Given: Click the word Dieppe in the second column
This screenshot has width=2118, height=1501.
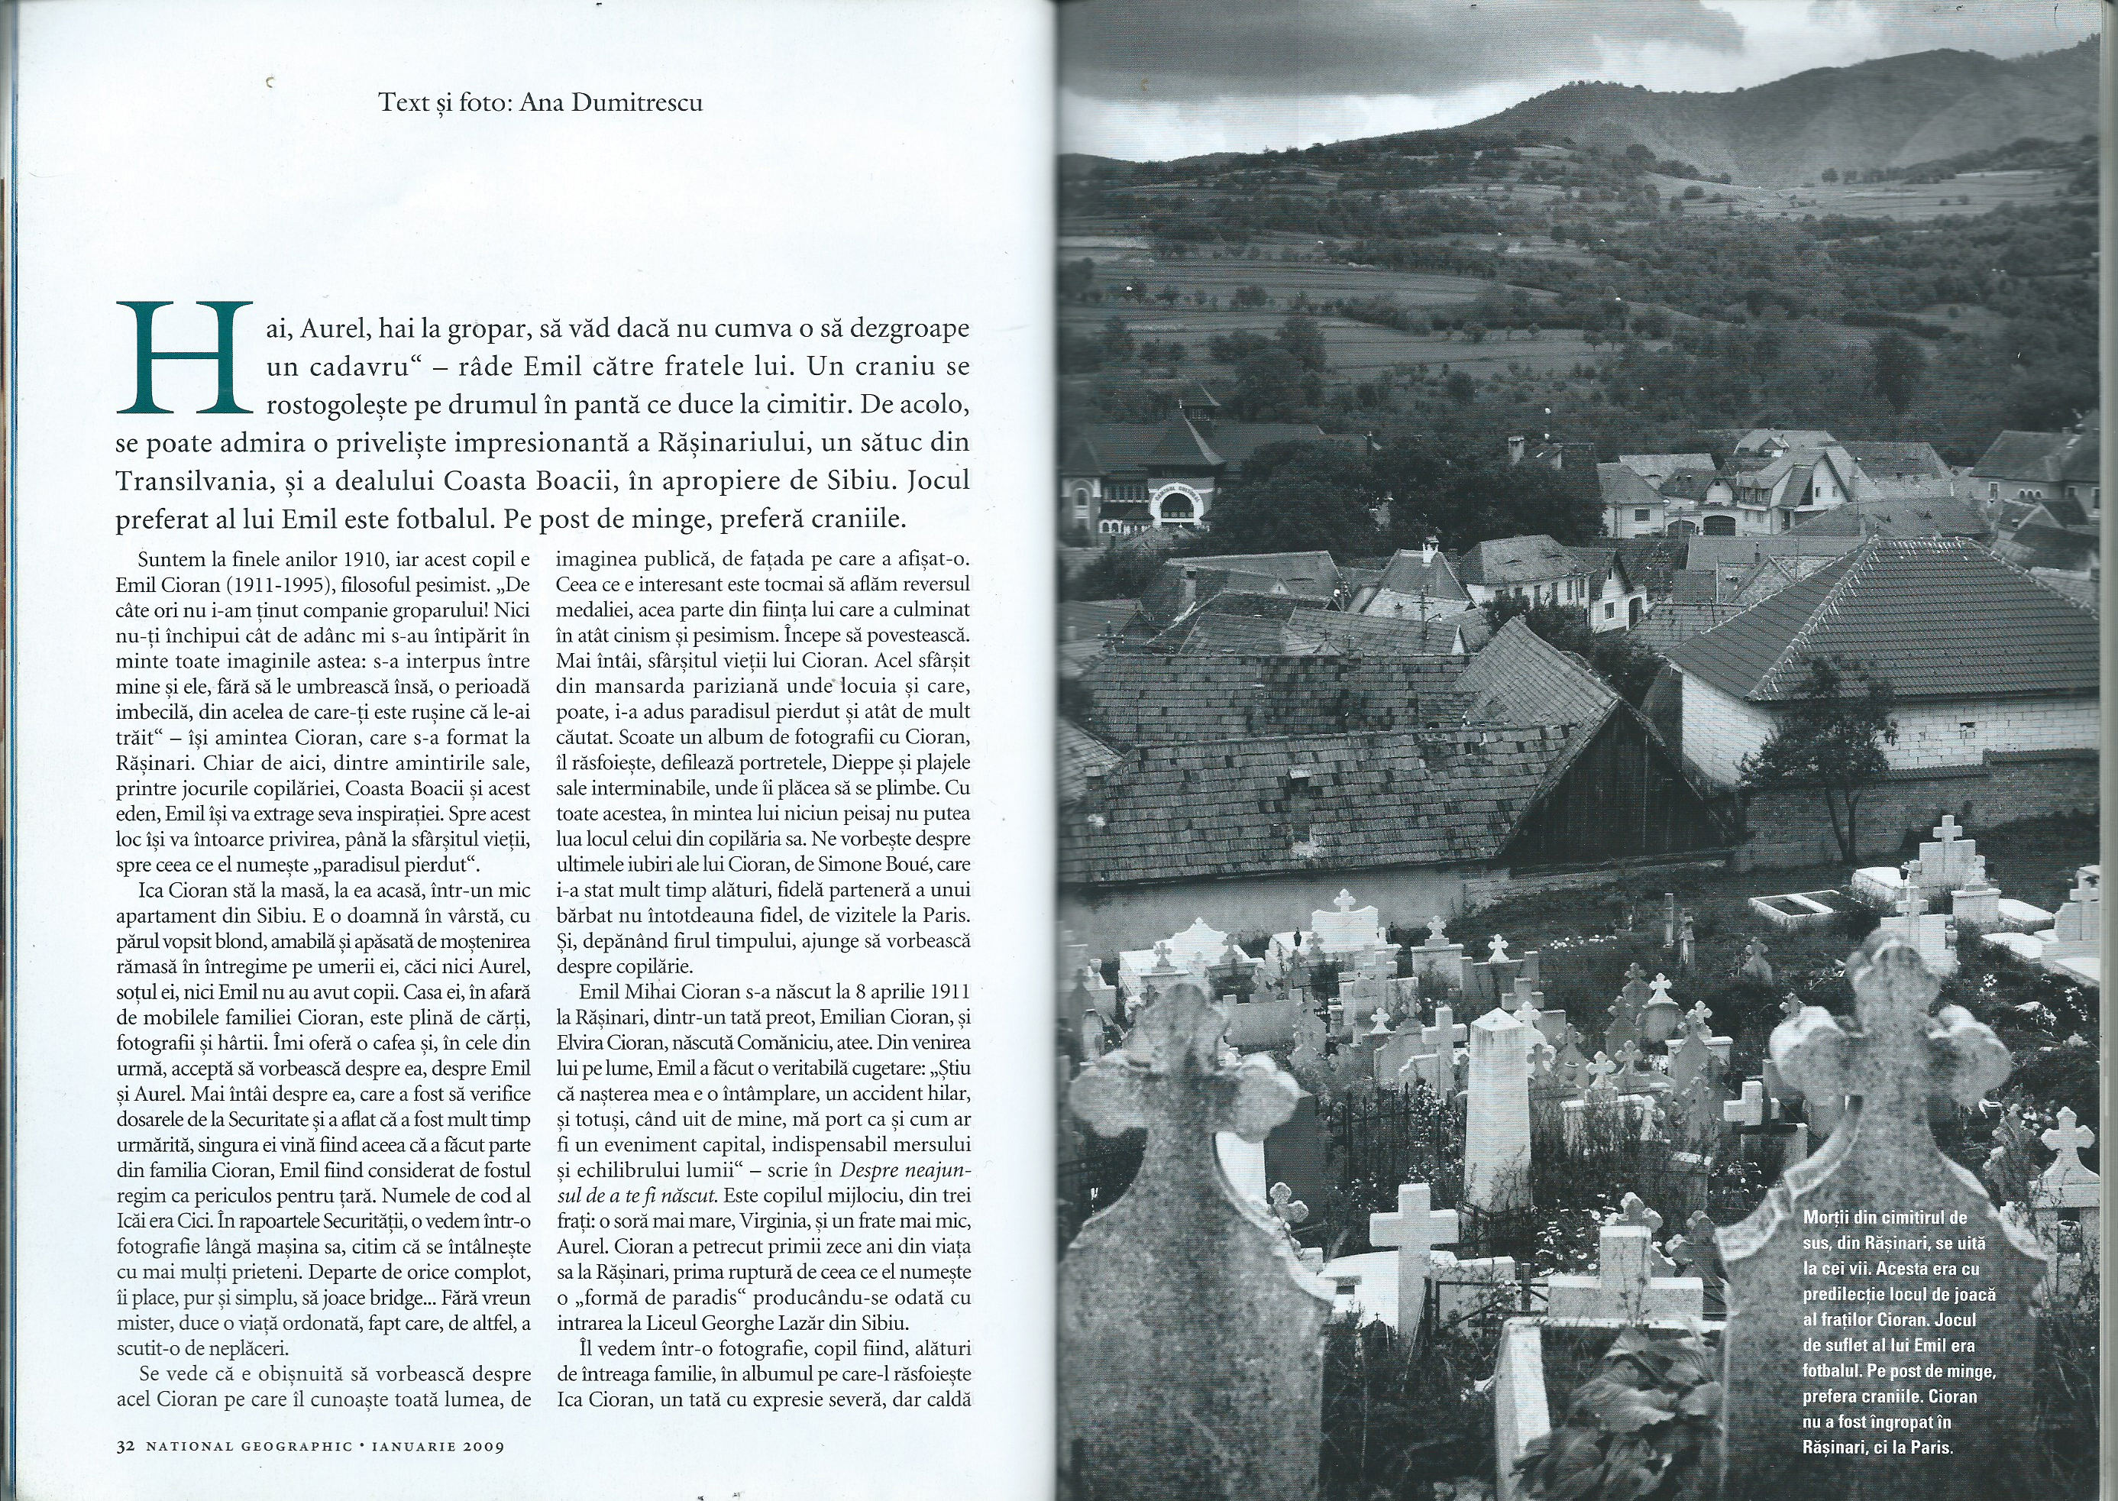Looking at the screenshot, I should coord(863,763).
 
